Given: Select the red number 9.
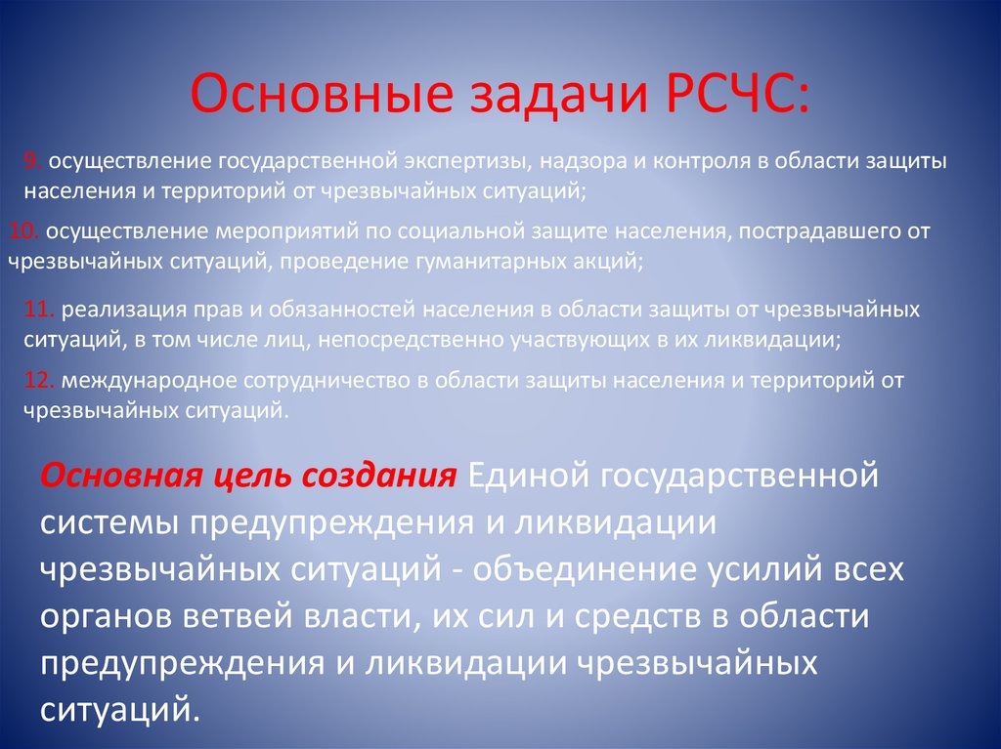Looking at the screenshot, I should [x=32, y=160].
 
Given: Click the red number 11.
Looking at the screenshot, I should [x=40, y=310].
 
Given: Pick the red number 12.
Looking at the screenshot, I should [x=40, y=381].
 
